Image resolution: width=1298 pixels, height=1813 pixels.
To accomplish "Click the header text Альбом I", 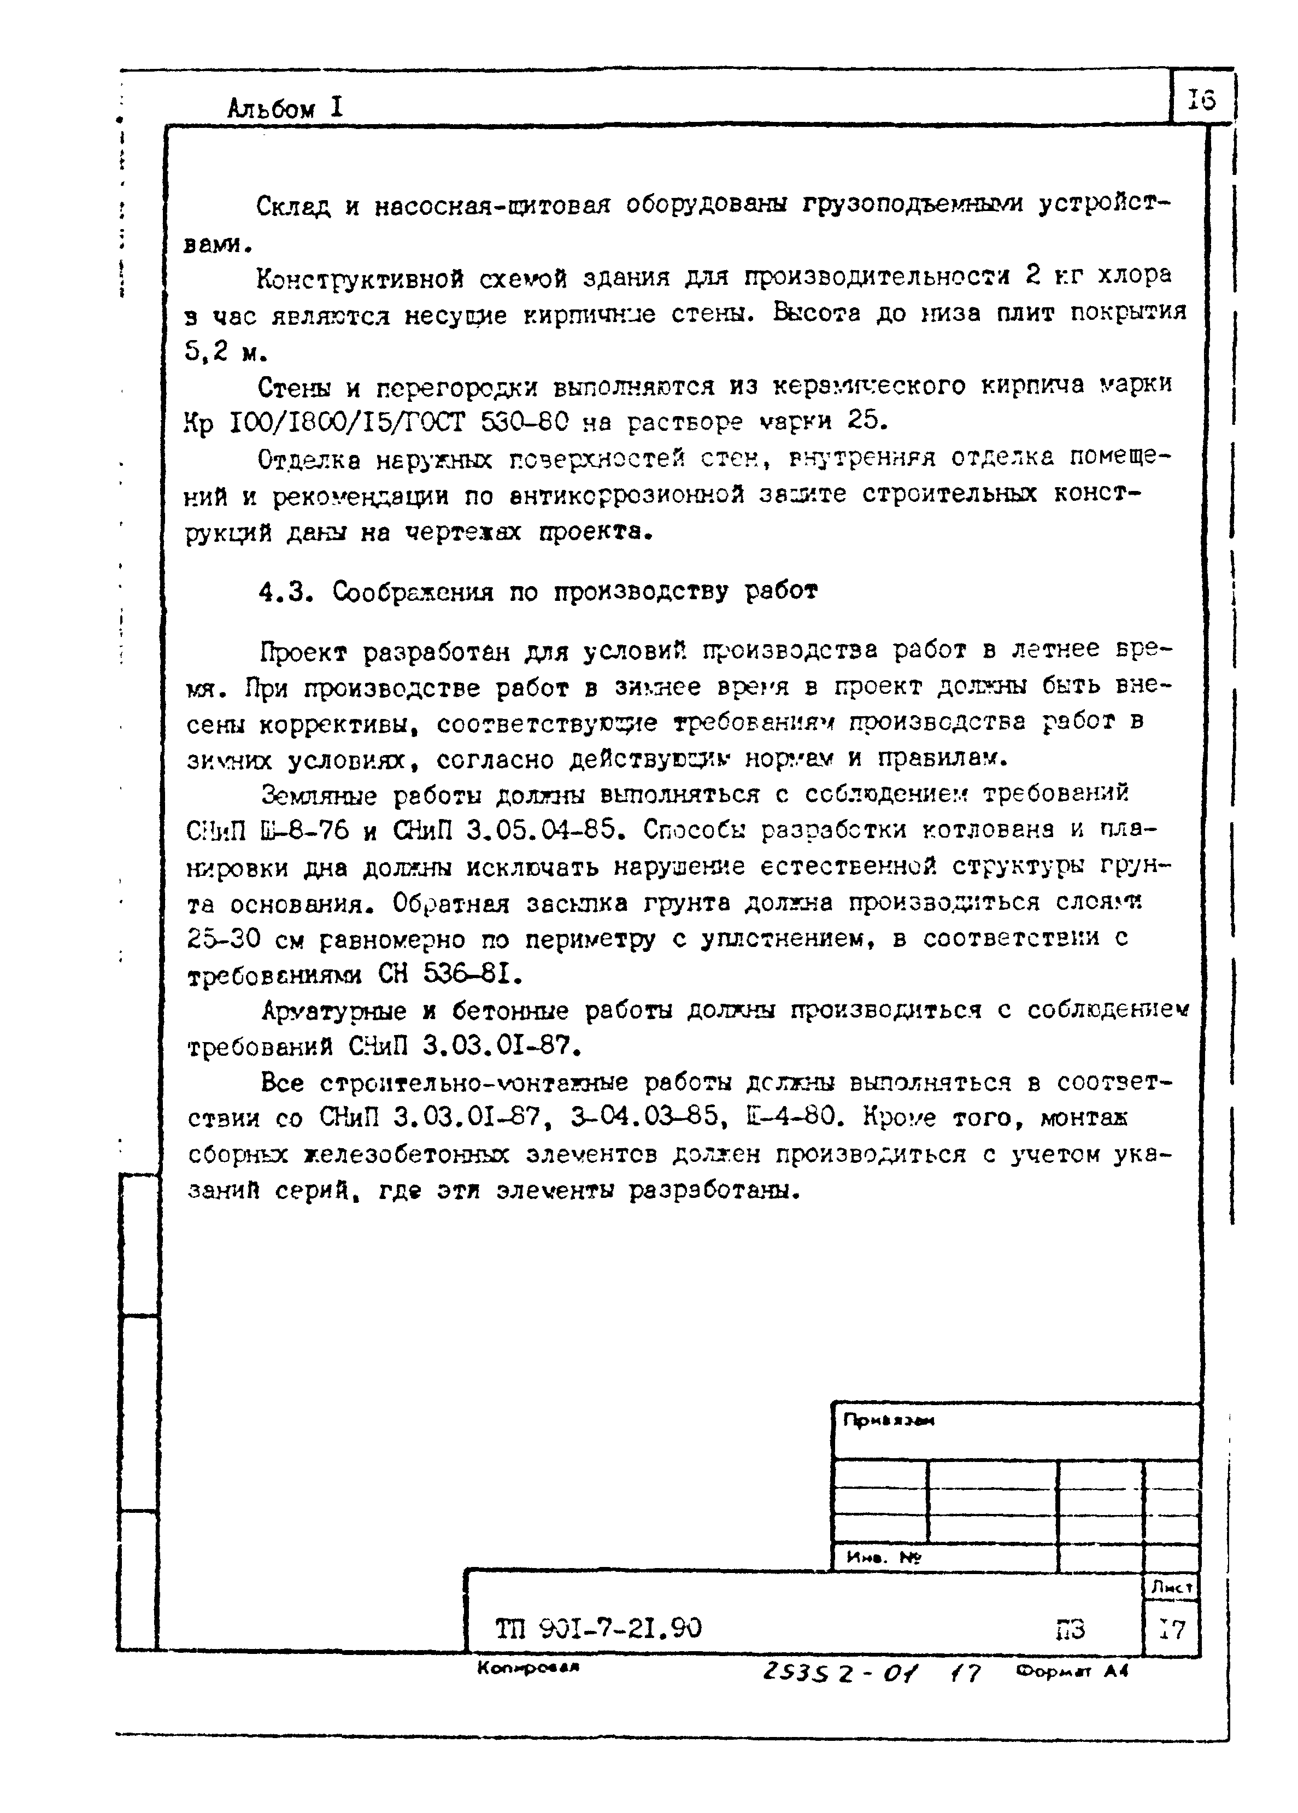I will click(x=285, y=108).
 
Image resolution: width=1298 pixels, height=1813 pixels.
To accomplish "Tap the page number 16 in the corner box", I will click(x=1201, y=100).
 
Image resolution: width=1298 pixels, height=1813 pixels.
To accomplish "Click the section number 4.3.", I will click(x=285, y=592).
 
